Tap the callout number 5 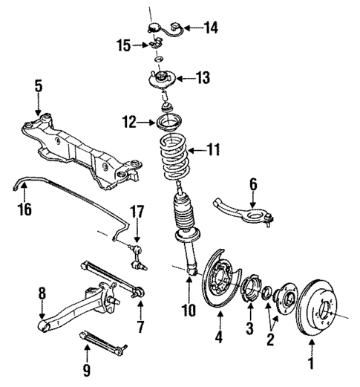(x=38, y=88)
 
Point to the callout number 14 (x=212, y=28)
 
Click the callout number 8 (x=42, y=295)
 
